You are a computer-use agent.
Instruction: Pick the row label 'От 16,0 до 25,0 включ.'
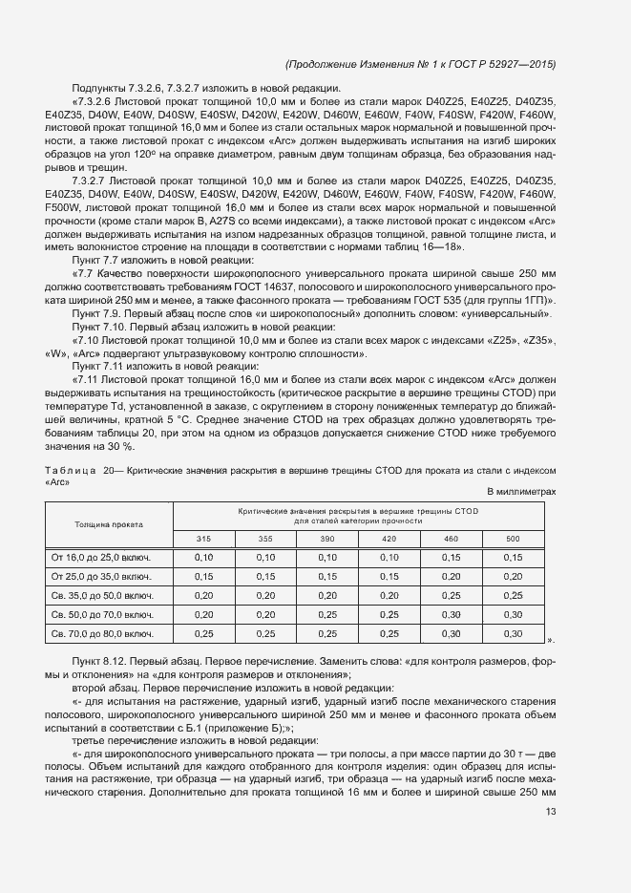102,557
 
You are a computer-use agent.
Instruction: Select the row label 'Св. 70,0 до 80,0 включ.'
102,633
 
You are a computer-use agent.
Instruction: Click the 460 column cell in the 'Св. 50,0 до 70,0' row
451,614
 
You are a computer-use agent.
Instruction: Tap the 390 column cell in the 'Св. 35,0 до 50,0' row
327,595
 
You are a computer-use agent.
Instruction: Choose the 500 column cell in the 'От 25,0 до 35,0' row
513,576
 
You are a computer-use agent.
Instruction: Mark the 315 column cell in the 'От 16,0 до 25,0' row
203,557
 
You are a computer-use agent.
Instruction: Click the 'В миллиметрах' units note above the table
521,491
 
